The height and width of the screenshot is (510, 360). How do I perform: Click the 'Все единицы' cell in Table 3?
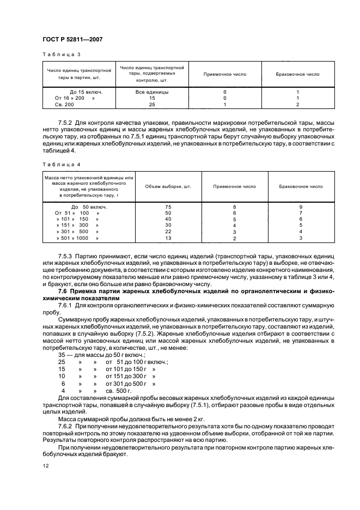(152, 92)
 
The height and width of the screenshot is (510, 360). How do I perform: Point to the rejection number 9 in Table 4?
(301, 207)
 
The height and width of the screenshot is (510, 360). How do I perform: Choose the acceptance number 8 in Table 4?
(234, 207)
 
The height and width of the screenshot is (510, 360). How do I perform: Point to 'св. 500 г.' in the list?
(119, 391)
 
